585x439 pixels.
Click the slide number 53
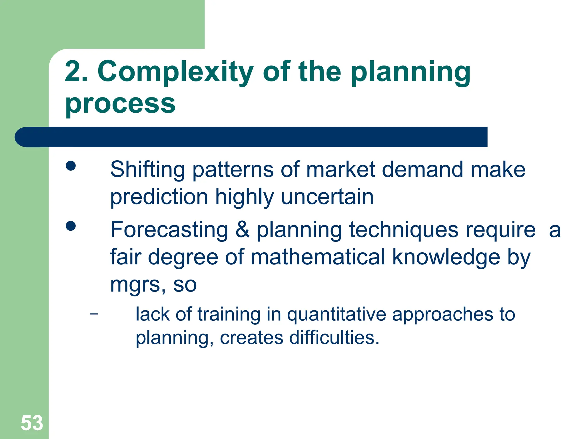pos(32,423)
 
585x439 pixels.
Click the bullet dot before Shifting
pos(71,166)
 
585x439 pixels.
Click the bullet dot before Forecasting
pos(71,226)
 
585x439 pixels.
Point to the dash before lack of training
pos(94,314)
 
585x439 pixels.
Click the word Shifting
pos(147,170)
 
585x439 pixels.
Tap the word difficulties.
pos(334,338)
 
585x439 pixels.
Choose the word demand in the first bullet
pos(422,170)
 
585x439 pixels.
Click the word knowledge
pos(446,257)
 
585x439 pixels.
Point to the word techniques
pos(404,230)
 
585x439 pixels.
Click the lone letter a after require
pos(554,230)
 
